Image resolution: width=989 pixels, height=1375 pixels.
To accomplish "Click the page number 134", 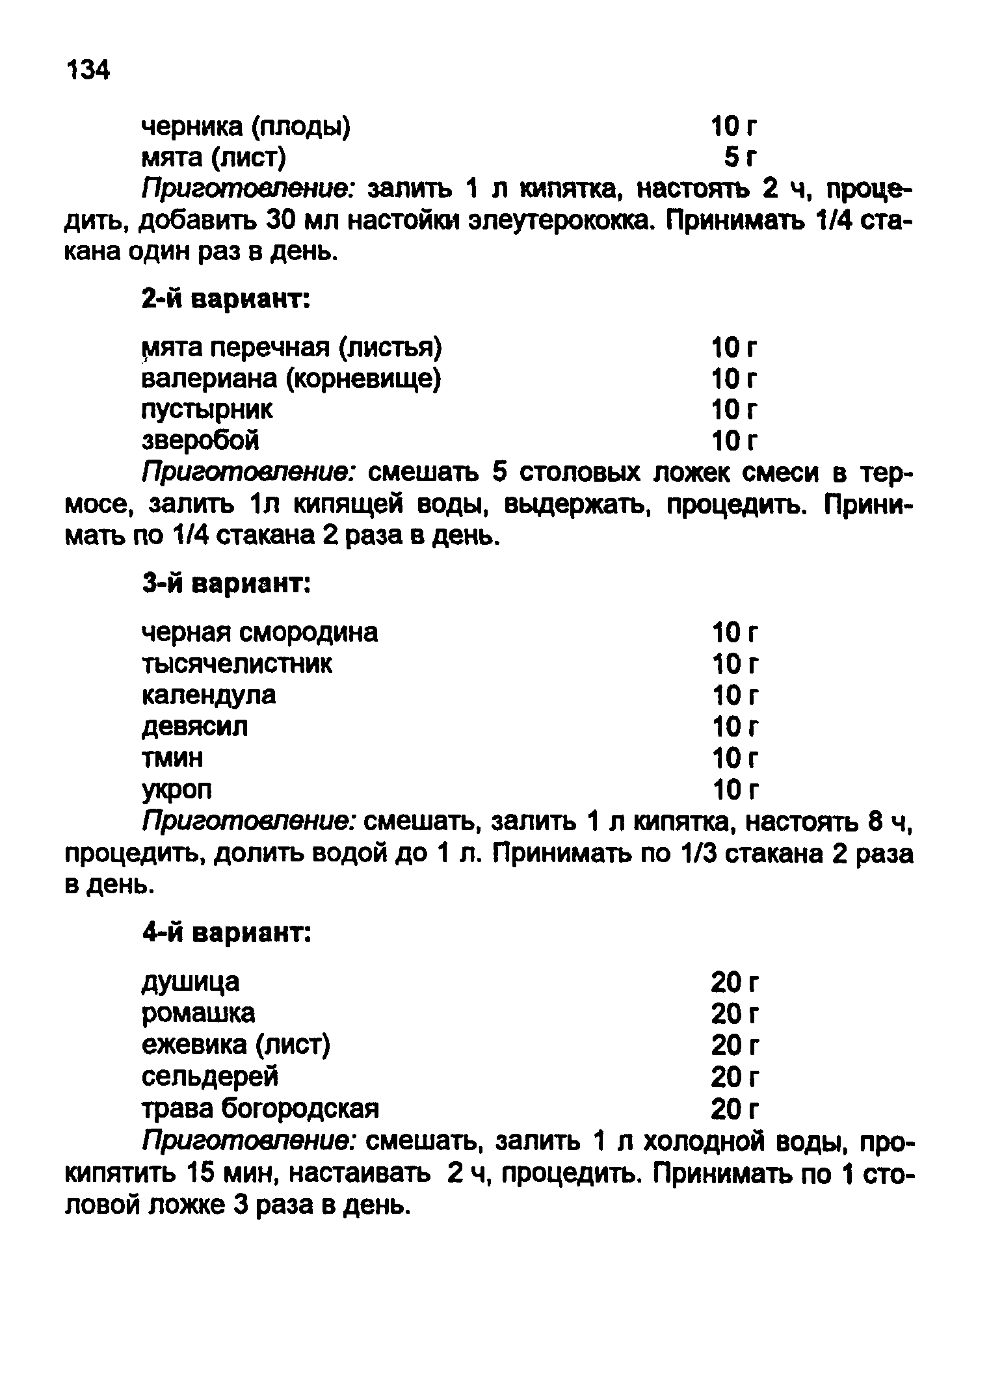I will (88, 69).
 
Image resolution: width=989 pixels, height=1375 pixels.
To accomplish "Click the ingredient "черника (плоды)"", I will (246, 127).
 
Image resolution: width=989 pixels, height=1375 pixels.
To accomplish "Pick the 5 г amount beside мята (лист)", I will (740, 157).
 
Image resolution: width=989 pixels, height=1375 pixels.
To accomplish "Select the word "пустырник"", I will (207, 410).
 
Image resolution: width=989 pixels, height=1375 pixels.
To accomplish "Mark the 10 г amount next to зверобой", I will (734, 441).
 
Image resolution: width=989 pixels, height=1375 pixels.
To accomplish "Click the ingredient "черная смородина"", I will (259, 632).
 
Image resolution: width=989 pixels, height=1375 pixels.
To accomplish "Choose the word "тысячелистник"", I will (237, 664).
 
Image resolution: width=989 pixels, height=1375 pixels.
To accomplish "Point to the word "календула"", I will (208, 695).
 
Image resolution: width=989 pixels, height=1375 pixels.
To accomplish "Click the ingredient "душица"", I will (190, 982).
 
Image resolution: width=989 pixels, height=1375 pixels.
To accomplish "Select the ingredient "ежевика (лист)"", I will (236, 1045).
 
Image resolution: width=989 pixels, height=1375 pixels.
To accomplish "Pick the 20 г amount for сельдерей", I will (734, 1077).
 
